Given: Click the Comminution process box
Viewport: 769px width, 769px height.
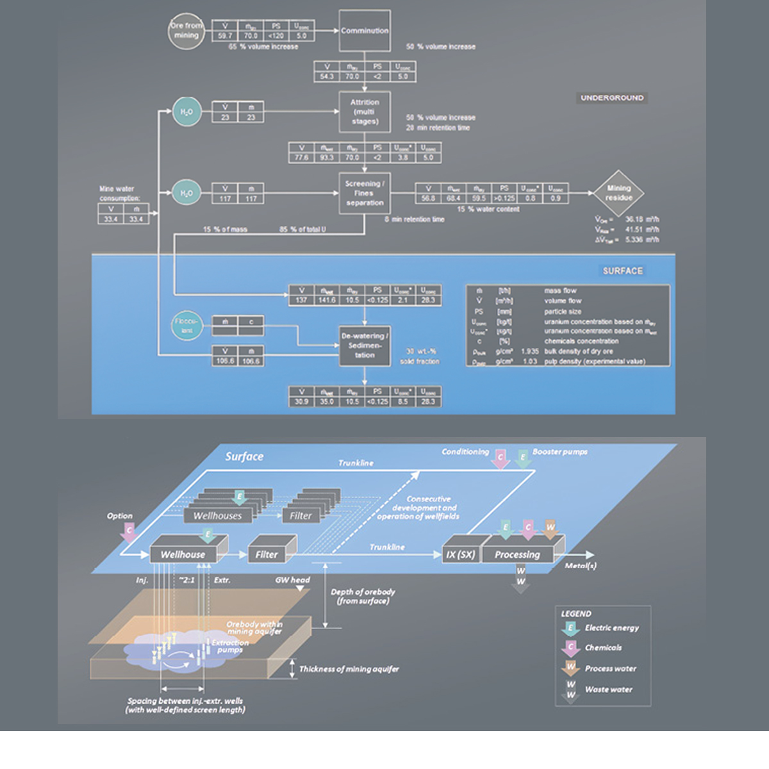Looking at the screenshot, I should click(x=365, y=31).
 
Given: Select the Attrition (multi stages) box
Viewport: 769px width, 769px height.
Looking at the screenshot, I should click(x=365, y=112).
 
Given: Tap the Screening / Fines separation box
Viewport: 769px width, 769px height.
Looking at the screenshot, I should click(x=365, y=193).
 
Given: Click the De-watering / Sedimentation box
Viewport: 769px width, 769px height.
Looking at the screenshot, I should click(x=365, y=345).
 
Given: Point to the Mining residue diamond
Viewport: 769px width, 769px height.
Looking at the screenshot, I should click(x=618, y=193).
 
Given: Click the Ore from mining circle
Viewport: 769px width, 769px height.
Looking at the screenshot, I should click(x=186, y=30).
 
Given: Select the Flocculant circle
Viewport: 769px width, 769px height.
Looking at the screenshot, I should click(x=186, y=326).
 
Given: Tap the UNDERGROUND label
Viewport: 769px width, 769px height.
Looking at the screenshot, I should click(x=612, y=98).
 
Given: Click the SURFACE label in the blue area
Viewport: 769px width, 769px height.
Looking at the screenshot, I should click(x=622, y=271).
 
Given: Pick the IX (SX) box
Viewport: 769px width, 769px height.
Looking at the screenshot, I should click(x=461, y=554).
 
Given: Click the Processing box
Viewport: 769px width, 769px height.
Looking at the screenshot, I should click(x=517, y=554).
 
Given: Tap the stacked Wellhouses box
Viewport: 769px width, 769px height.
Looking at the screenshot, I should click(x=218, y=515).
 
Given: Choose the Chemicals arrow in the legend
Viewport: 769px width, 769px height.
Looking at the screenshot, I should click(x=570, y=648).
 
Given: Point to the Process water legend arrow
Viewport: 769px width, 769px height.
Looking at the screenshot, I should click(x=570, y=668).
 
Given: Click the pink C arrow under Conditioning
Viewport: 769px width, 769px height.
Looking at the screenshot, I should click(x=500, y=458).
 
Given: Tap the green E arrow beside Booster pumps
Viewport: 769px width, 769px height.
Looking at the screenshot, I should click(x=523, y=458).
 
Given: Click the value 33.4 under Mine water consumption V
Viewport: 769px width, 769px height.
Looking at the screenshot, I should click(x=111, y=219).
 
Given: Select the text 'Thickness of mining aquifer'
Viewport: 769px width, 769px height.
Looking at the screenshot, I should click(x=349, y=669).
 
